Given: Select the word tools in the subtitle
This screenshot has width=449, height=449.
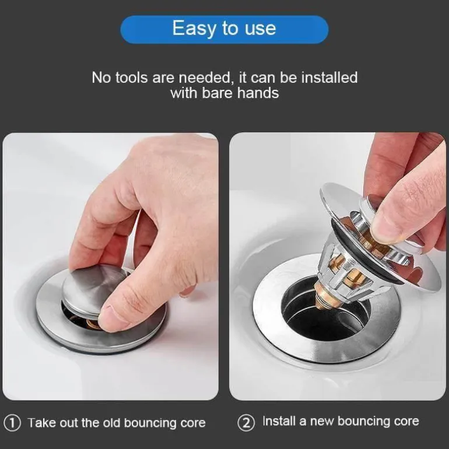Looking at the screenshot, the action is [x=132, y=78].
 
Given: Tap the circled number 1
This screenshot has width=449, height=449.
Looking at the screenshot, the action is [x=12, y=423].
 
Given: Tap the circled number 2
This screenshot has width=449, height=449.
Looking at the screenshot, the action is [x=246, y=423].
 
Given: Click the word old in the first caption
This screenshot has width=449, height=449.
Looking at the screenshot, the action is [x=111, y=423].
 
